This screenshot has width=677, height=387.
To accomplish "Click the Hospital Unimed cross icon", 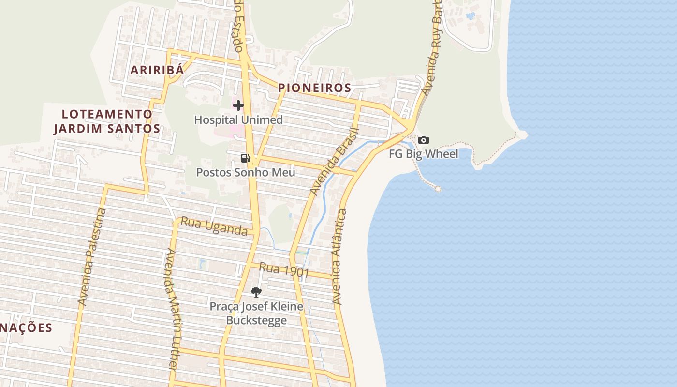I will pyautogui.click(x=238, y=105).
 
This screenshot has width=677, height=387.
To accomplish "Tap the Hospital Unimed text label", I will pyautogui.click(x=238, y=119).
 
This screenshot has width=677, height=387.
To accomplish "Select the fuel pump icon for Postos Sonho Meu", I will pyautogui.click(x=246, y=158).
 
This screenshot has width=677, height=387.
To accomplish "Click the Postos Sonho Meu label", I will pyautogui.click(x=245, y=172).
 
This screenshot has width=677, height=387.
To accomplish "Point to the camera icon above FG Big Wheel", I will pyautogui.click(x=423, y=140).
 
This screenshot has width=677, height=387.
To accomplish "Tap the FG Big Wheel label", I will pyautogui.click(x=424, y=154).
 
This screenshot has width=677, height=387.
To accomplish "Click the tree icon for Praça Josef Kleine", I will pyautogui.click(x=256, y=292).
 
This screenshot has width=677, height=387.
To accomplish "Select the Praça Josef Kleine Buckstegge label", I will pyautogui.click(x=256, y=313).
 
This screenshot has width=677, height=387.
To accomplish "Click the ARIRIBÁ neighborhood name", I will pyautogui.click(x=157, y=70).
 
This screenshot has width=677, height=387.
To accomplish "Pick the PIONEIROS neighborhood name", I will pyautogui.click(x=314, y=88).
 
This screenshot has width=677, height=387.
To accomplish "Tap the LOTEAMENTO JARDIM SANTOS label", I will pyautogui.click(x=106, y=121).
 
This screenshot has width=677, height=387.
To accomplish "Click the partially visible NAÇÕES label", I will pyautogui.click(x=26, y=327).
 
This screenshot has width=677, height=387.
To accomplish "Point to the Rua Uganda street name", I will pyautogui.click(x=214, y=226).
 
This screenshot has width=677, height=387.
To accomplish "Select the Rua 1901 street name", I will pyautogui.click(x=284, y=269).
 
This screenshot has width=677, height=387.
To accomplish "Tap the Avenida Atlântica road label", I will pyautogui.click(x=339, y=256).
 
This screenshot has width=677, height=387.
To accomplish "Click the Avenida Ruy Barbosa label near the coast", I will pyautogui.click(x=432, y=48).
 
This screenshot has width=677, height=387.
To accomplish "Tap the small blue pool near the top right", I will pyautogui.click(x=470, y=16).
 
